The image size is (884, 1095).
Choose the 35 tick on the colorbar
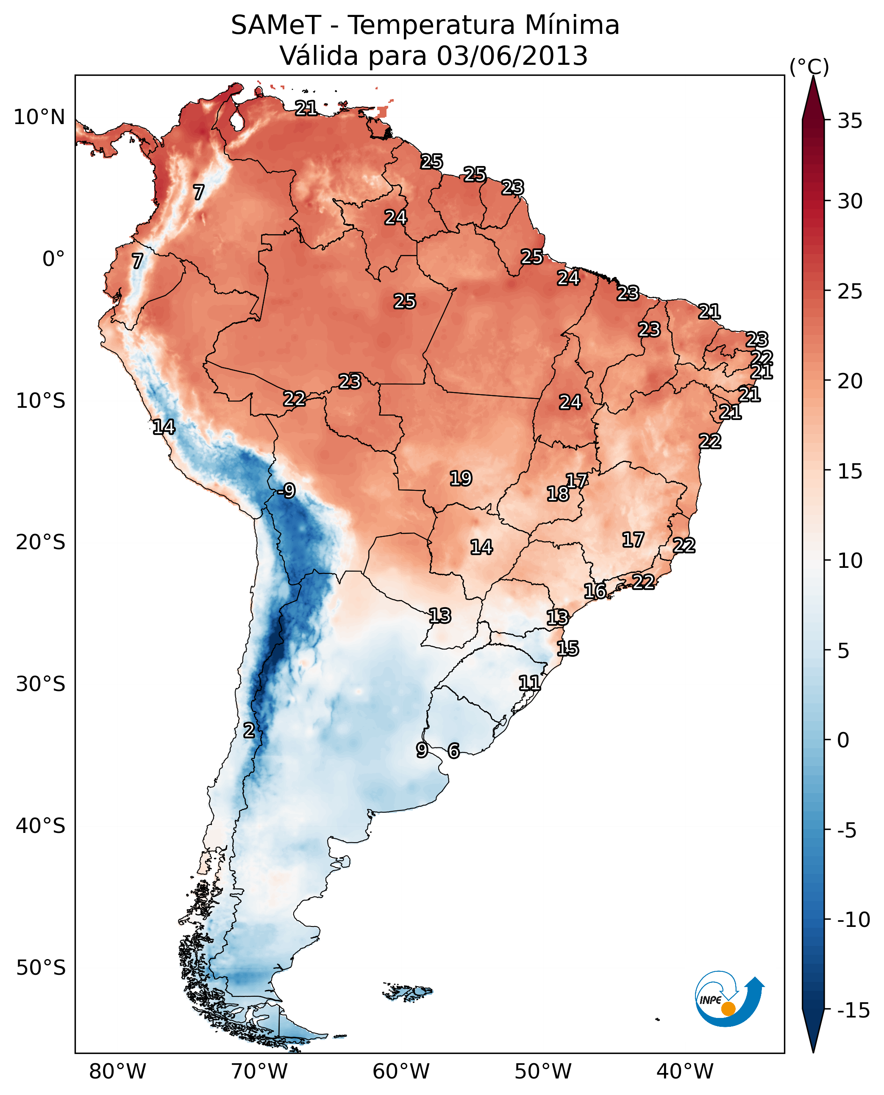pyautogui.click(x=850, y=121)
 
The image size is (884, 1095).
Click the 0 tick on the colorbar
pyautogui.click(x=843, y=740)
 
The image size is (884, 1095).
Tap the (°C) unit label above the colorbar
pyautogui.click(x=809, y=66)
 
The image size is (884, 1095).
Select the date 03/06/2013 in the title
pyautogui.click(x=512, y=56)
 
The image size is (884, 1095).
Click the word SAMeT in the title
pyautogui.click(x=276, y=25)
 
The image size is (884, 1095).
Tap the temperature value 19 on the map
pyautogui.click(x=461, y=478)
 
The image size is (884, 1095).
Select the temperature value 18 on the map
pyautogui.click(x=558, y=494)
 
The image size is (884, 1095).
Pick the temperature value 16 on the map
pyautogui.click(x=595, y=591)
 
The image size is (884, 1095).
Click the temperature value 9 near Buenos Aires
pyautogui.click(x=422, y=750)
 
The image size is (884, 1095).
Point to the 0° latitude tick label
pyautogui.click(x=53, y=259)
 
